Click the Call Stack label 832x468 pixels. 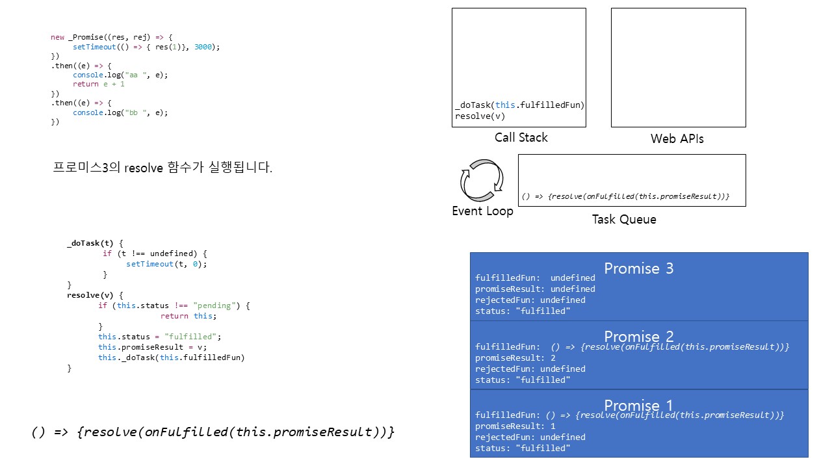521,138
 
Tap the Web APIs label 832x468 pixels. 677,139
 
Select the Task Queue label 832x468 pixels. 623,220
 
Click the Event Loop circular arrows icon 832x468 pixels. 482,179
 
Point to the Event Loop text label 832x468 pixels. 482,211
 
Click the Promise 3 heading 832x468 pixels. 638,268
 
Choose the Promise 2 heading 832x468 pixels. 638,337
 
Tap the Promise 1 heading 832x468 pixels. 638,405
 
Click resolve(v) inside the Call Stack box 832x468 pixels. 480,116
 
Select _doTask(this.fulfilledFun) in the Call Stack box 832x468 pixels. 520,105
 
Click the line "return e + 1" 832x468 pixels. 98,84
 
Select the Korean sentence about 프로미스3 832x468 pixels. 162,168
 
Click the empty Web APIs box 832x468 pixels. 678,68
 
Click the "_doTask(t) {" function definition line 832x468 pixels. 95,243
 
